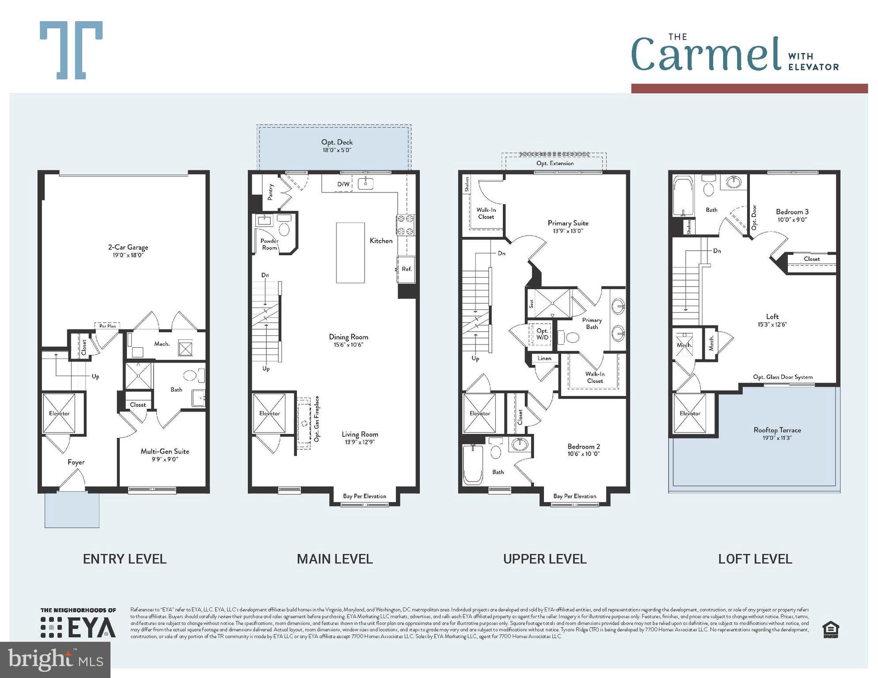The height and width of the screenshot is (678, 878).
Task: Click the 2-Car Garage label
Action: pyautogui.click(x=128, y=248)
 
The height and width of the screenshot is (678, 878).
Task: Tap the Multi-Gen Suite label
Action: pyautogui.click(x=165, y=452)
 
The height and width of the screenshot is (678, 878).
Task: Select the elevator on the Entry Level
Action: pyautogui.click(x=59, y=414)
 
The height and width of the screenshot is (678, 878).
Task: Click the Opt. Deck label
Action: pyautogui.click(x=337, y=143)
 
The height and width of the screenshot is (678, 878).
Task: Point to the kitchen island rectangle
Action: pyautogui.click(x=350, y=252)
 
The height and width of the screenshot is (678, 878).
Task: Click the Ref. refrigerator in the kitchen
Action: pyautogui.click(x=407, y=269)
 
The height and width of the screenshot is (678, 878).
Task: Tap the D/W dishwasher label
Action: pyautogui.click(x=343, y=184)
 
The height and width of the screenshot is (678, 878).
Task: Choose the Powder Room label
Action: pyautogui.click(x=269, y=244)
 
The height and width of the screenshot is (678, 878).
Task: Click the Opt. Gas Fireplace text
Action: pyautogui.click(x=317, y=419)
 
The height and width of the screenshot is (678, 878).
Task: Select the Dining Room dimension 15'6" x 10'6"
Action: pyautogui.click(x=348, y=345)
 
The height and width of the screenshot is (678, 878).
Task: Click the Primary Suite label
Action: pyautogui.click(x=568, y=223)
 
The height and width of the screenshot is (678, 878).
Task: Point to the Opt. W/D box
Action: pyautogui.click(x=542, y=334)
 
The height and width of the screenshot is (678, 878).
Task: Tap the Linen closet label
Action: pyautogui.click(x=544, y=358)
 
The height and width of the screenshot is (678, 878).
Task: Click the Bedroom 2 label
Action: pyautogui.click(x=584, y=447)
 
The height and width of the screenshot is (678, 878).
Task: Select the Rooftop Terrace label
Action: pyautogui.click(x=777, y=430)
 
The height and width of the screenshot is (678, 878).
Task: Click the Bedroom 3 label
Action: pyautogui.click(x=792, y=212)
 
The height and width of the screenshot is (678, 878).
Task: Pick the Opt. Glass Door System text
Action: pyautogui.click(x=783, y=377)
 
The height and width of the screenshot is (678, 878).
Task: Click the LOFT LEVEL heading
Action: pyautogui.click(x=755, y=559)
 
